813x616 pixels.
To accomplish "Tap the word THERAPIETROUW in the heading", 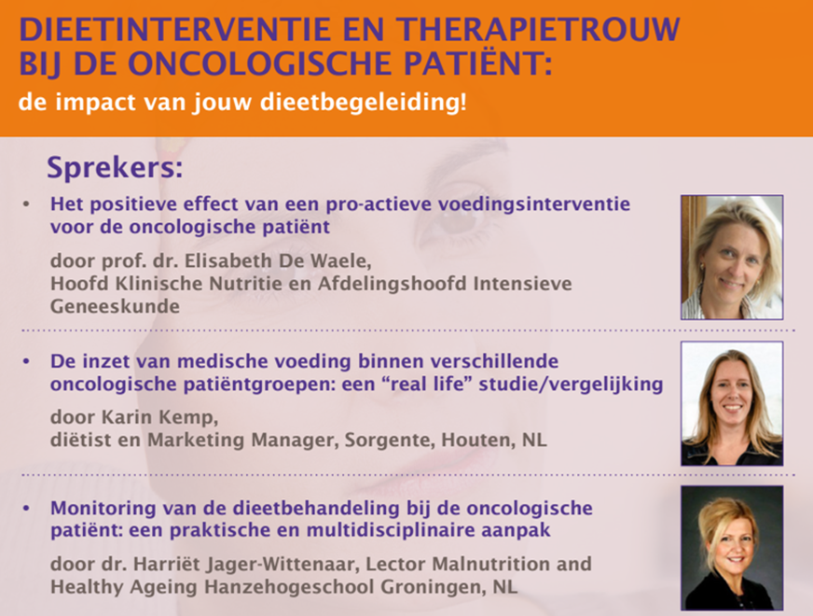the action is pyautogui.click(x=539, y=29).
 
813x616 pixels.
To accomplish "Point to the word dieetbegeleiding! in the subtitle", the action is pyautogui.click(x=363, y=103).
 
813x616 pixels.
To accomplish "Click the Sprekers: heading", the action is pyautogui.click(x=115, y=168).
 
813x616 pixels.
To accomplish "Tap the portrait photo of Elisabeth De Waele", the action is pyautogui.click(x=732, y=257).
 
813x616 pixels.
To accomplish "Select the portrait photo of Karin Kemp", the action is pyautogui.click(x=732, y=403).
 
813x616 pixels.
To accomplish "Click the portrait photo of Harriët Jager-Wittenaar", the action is pyautogui.click(x=732, y=548).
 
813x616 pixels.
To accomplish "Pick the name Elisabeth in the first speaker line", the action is pyautogui.click(x=228, y=260).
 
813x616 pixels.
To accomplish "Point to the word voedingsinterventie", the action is pyautogui.click(x=534, y=204).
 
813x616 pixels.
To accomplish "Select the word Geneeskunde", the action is pyautogui.click(x=115, y=306).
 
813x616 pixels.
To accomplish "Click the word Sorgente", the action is pyautogui.click(x=390, y=441).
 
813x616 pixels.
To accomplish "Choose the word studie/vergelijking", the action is pyautogui.click(x=571, y=385).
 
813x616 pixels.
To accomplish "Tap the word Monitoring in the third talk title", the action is pyautogui.click(x=103, y=508).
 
